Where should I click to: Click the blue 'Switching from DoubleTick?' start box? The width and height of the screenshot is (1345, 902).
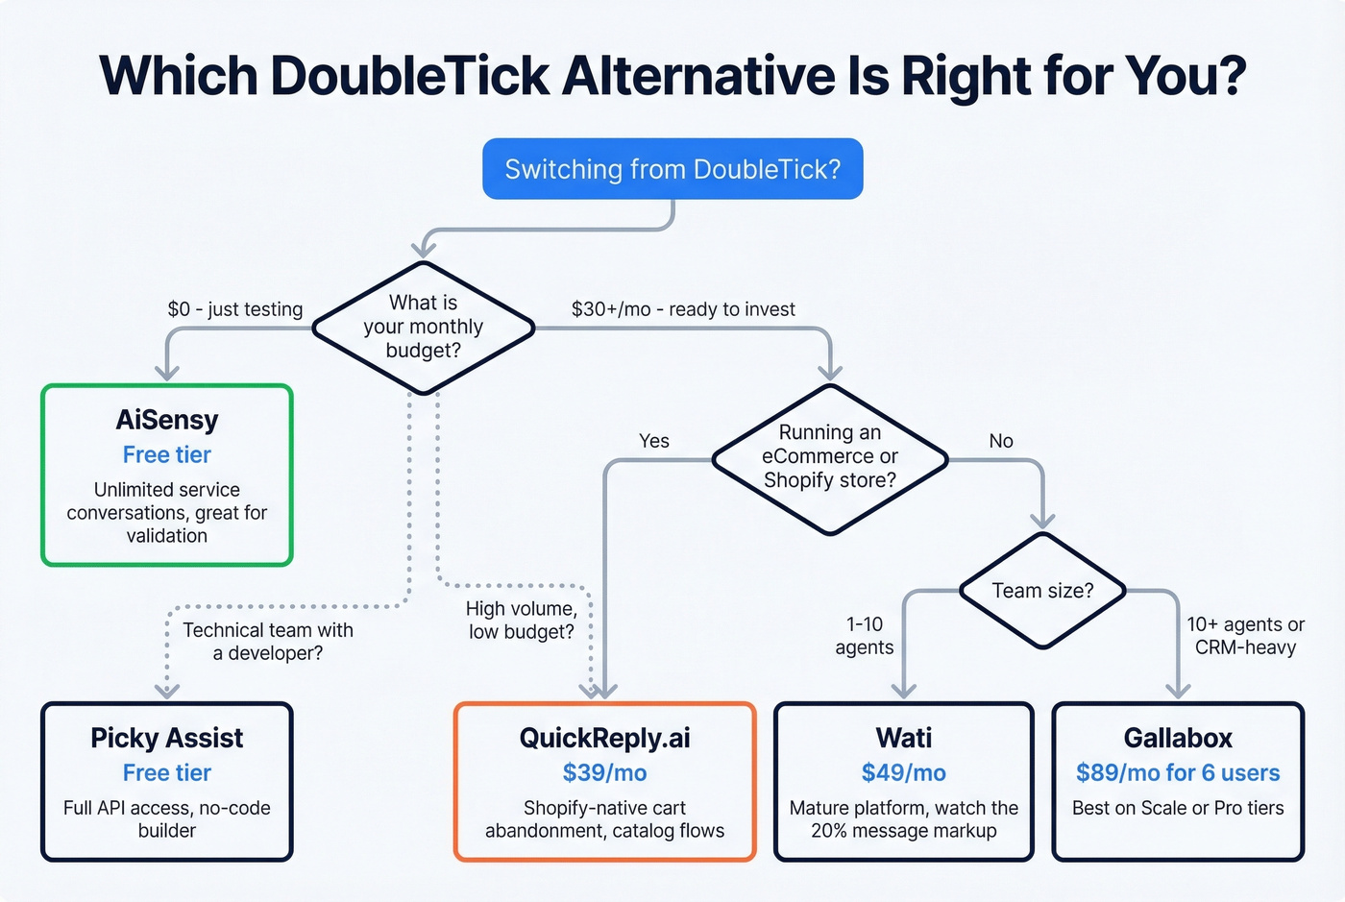click(672, 169)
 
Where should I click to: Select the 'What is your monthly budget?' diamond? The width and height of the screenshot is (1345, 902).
click(423, 327)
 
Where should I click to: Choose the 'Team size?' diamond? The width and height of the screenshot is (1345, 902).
click(1042, 590)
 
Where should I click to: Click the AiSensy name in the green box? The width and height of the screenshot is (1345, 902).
click(167, 420)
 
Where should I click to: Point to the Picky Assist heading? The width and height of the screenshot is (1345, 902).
click(167, 738)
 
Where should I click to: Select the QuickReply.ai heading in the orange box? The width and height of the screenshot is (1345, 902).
click(604, 738)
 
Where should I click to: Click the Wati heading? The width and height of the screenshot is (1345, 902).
click(903, 738)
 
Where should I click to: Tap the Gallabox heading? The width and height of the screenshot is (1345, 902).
click(1178, 738)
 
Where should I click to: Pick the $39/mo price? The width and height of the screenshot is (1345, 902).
click(604, 772)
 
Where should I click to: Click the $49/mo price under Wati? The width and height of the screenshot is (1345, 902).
click(903, 772)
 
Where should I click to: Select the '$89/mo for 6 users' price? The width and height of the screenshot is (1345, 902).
click(1178, 772)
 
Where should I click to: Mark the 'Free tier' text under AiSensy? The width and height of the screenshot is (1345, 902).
click(167, 454)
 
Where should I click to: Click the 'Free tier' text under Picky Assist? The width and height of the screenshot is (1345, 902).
click(167, 772)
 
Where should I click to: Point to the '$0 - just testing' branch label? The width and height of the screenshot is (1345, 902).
click(235, 308)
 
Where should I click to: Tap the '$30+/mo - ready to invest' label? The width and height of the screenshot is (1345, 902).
click(683, 308)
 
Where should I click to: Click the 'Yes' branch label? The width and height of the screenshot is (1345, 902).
click(654, 440)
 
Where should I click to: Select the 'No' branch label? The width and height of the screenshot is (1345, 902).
click(1001, 440)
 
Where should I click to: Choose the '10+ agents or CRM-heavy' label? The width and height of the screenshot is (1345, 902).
click(1245, 636)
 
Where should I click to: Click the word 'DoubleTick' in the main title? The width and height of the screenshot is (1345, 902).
click(410, 75)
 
